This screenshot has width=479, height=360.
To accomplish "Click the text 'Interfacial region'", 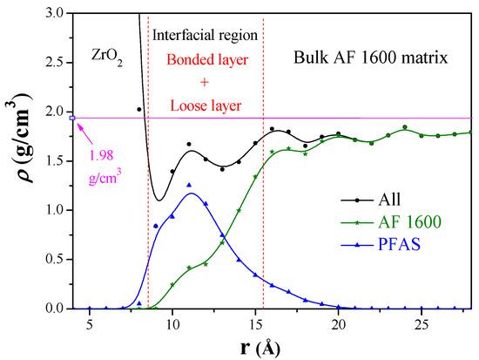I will [x=206, y=37].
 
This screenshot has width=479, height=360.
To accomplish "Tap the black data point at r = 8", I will [x=139, y=110].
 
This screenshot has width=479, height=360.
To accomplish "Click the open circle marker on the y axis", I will [x=73, y=118].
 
